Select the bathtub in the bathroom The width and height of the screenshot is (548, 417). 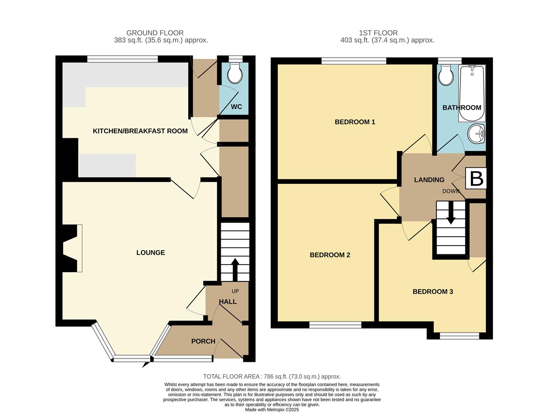472,93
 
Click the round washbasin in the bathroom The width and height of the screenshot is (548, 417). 476,134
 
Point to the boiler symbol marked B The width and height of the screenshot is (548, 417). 476,178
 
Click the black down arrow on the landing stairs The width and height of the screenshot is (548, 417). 451,212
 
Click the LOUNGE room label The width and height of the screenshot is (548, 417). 151,253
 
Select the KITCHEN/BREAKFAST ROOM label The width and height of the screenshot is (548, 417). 140,131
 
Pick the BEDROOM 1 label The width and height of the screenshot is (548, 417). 355,122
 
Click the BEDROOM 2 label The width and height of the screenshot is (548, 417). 330,255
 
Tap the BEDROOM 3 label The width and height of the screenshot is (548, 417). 433,292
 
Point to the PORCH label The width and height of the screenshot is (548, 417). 203,341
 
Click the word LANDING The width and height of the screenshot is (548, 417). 429,180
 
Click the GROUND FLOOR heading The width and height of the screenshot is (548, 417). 155,33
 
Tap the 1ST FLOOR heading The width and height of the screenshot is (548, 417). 378,33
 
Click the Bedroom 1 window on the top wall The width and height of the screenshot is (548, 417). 353,61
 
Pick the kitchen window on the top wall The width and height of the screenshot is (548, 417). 123,59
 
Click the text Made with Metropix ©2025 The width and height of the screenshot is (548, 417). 272,410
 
